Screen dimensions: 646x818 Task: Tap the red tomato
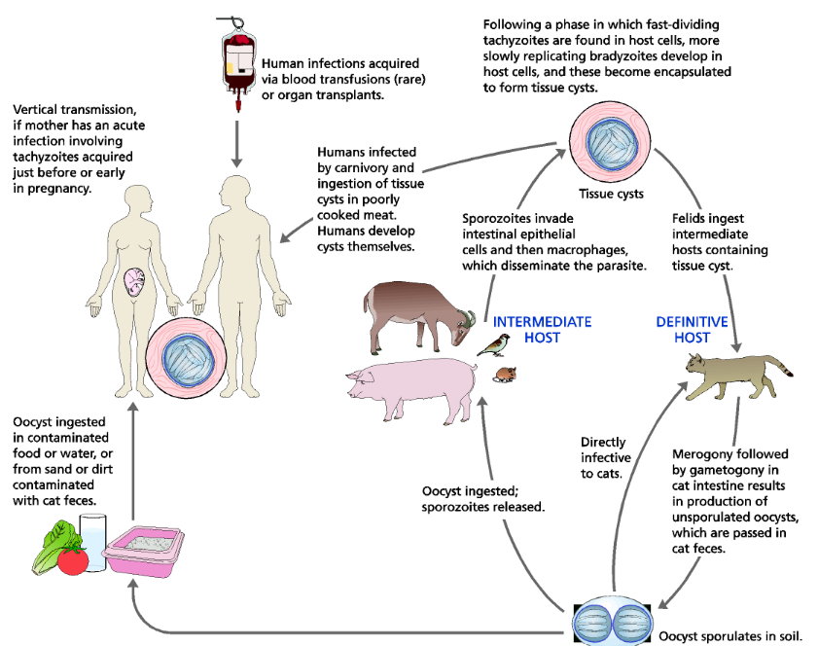[73, 559]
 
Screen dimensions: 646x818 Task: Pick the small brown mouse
[506, 374]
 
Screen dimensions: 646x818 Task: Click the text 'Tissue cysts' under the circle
[611, 194]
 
